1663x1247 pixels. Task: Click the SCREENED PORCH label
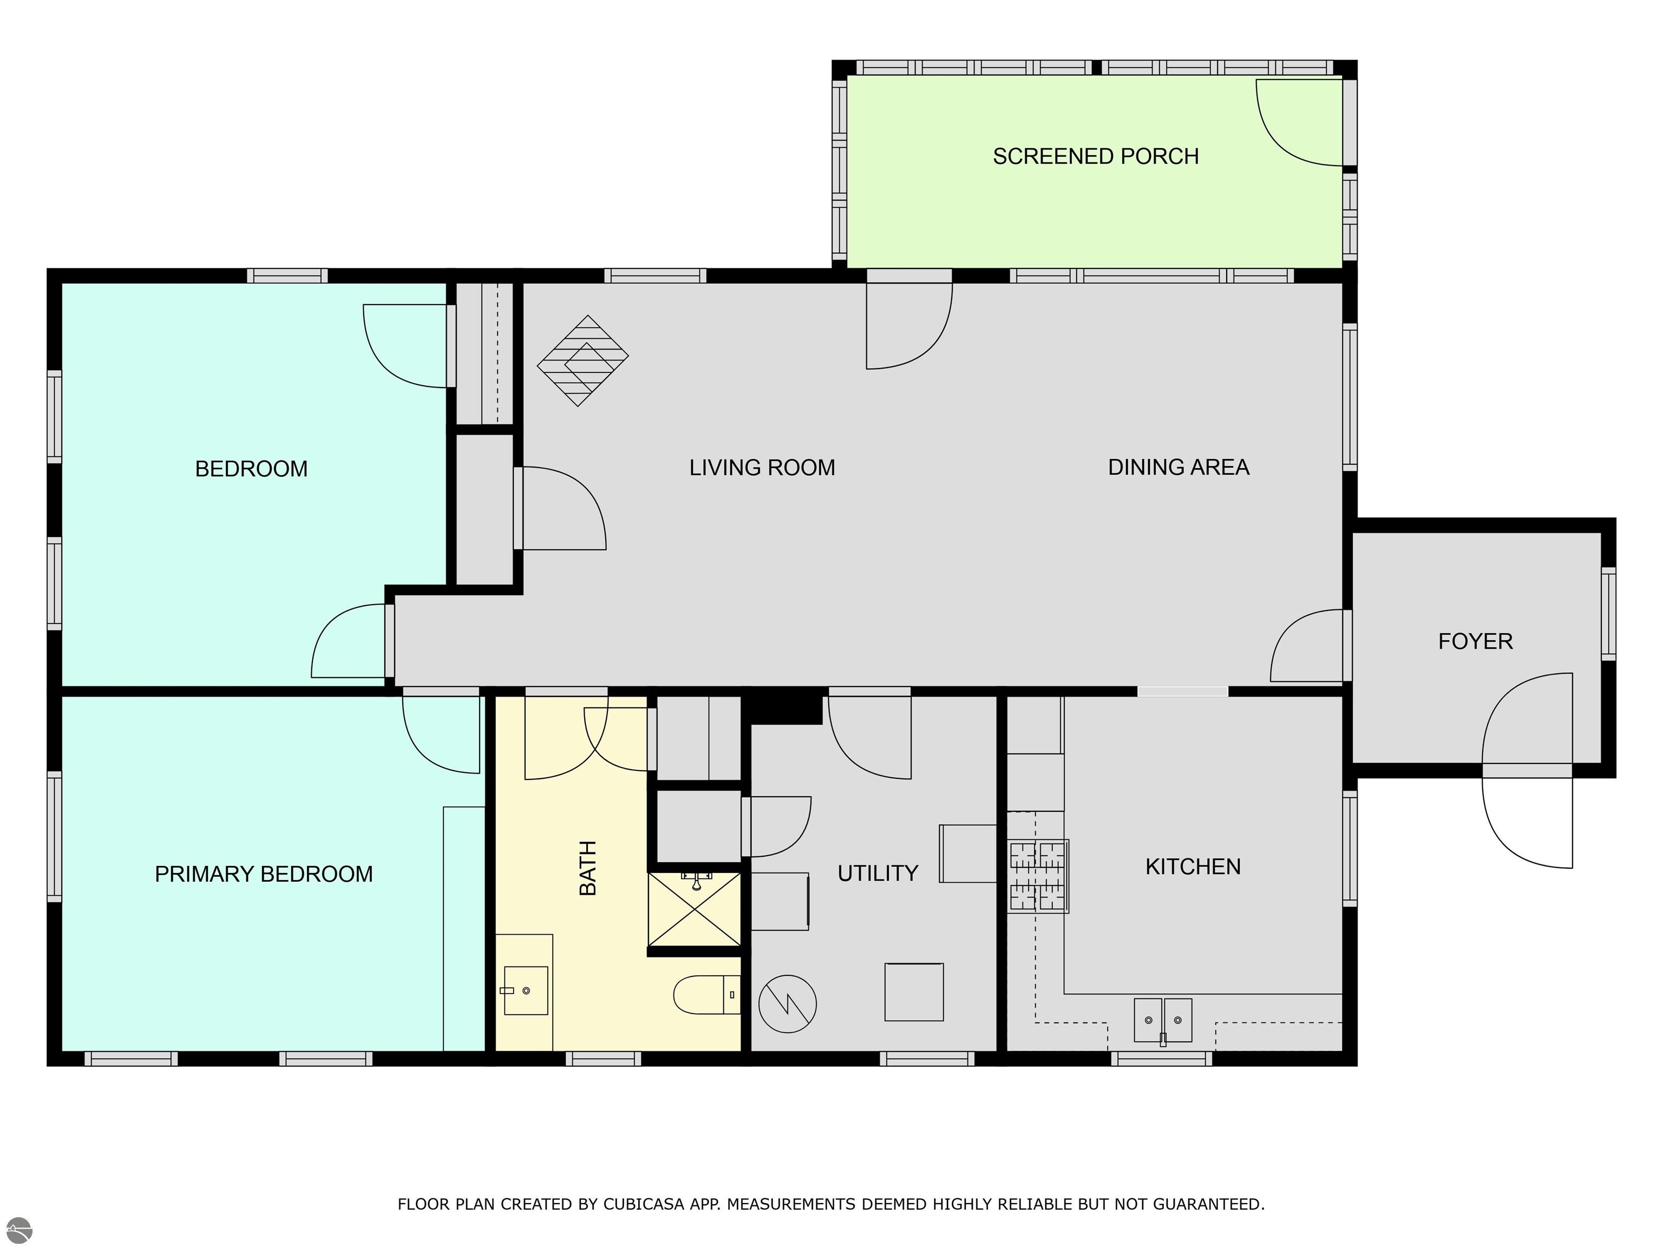coord(1095,156)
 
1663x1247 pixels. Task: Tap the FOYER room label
coord(1475,641)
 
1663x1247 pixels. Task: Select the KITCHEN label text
coord(1193,867)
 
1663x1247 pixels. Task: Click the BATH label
coord(588,868)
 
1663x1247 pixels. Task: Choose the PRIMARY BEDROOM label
coord(264,874)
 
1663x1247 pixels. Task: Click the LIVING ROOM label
coord(762,468)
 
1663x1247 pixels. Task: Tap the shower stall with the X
coord(695,909)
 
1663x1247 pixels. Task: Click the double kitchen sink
coord(1163,1020)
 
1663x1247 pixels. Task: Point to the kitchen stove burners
coord(1038,876)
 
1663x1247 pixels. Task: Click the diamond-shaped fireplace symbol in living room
coord(582,361)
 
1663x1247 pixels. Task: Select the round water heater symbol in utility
coord(787,1003)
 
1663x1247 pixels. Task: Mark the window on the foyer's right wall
coord(1608,614)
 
